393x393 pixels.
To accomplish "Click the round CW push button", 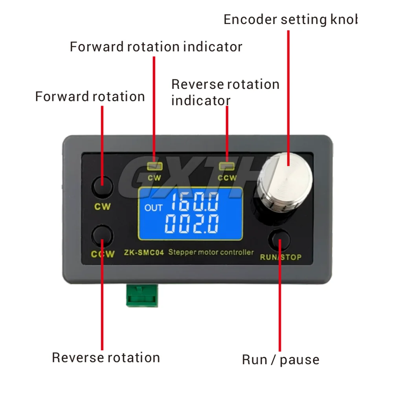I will tap(102, 187).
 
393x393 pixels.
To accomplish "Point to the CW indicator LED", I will tap(154, 166).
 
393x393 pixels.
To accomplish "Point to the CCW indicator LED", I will tap(227, 166).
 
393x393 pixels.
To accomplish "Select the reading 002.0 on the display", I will tap(192, 224).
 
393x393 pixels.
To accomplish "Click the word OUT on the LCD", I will tap(153, 208).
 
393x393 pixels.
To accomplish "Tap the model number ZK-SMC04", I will tap(144, 253).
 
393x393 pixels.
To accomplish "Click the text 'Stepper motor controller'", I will tap(211, 252).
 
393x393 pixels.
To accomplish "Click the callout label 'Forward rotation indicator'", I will tap(156, 47).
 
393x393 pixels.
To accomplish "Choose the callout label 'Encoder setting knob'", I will tap(290, 20).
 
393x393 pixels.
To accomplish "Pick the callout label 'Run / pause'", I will tap(280, 359).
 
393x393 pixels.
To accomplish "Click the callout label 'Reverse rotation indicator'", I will tap(225, 92).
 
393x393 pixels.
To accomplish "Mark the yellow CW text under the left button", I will tap(102, 206).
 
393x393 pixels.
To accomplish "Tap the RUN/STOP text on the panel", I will tap(281, 257).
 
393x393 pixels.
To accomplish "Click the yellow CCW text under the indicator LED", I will tap(227, 178).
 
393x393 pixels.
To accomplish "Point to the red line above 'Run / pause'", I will tap(280, 307).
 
